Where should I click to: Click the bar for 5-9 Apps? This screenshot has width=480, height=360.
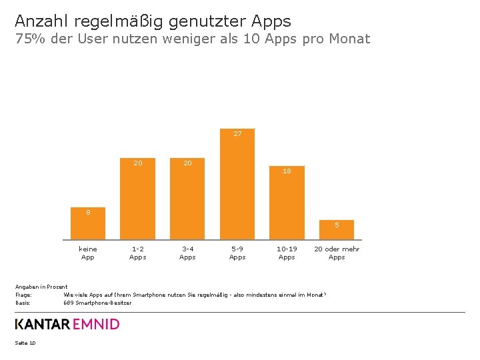pyautogui.click(x=237, y=187)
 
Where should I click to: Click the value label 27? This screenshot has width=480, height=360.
pyautogui.click(x=237, y=134)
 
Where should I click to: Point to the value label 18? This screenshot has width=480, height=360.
pyautogui.click(x=287, y=171)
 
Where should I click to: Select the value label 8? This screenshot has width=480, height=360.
pyautogui.click(x=87, y=213)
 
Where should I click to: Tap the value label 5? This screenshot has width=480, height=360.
pyautogui.click(x=337, y=225)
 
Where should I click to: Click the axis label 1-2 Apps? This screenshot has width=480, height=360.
pyautogui.click(x=138, y=253)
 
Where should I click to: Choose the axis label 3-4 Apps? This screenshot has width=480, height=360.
pyautogui.click(x=187, y=253)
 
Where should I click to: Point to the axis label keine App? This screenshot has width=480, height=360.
pyautogui.click(x=87, y=253)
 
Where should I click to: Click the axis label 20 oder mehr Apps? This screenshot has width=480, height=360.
pyautogui.click(x=337, y=253)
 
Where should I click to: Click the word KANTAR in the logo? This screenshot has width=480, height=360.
pyautogui.click(x=42, y=325)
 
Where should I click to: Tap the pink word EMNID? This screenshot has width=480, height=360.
pyautogui.click(x=96, y=325)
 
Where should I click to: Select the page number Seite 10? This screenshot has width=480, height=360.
pyautogui.click(x=25, y=343)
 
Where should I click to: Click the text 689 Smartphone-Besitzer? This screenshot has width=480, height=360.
pyautogui.click(x=97, y=303)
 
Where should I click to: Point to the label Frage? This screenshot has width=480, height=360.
pyautogui.click(x=23, y=295)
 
